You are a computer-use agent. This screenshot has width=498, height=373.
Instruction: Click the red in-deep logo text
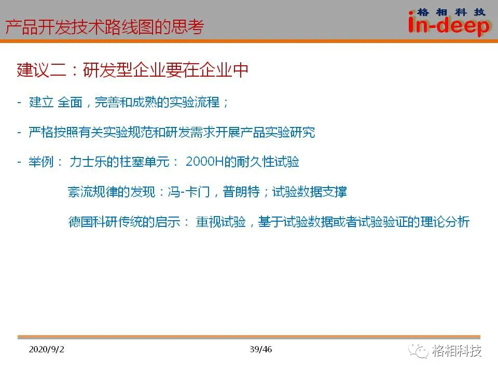[449, 25]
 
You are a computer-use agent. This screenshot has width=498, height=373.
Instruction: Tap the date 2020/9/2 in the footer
[46, 349]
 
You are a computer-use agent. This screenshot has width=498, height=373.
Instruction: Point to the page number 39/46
[261, 349]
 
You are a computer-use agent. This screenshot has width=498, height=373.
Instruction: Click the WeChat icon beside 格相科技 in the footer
[418, 351]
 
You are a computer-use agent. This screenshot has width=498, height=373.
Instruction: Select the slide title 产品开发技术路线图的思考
[104, 26]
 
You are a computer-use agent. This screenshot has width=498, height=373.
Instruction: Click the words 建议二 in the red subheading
[41, 70]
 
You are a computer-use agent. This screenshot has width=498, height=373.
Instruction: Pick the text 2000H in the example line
[204, 162]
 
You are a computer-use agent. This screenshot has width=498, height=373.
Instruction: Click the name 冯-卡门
[189, 192]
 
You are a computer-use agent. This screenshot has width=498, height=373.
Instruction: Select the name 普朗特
[241, 192]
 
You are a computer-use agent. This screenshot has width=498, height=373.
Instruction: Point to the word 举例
[41, 162]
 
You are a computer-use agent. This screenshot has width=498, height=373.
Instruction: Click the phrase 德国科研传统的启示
[124, 222]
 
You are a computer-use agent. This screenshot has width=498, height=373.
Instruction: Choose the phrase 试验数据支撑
[309, 192]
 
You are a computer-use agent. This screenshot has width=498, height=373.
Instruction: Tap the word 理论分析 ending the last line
[445, 222]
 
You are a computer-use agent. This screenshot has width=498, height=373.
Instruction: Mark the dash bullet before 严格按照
[19, 132]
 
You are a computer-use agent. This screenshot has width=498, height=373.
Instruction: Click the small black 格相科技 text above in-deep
[451, 12]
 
